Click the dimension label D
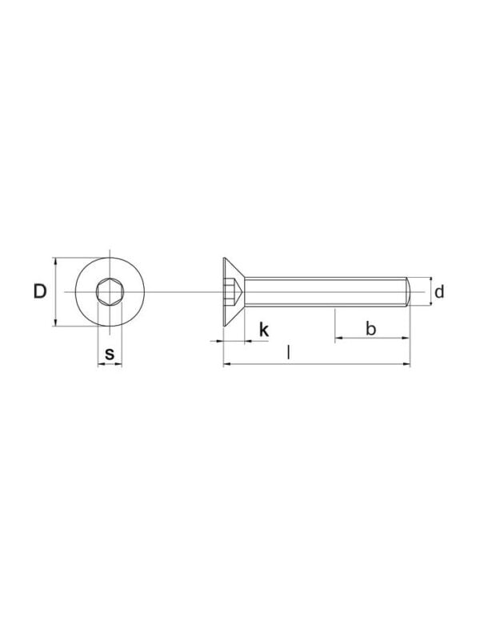coord(40,291)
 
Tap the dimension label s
coord(110,354)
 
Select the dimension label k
coord(264,330)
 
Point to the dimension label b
coord(370,328)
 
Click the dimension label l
coord(289,353)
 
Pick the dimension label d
coord(439,291)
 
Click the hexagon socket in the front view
coord(110,291)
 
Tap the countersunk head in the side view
coord(234,291)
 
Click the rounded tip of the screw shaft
coord(408,291)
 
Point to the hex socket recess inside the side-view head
coord(233,291)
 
